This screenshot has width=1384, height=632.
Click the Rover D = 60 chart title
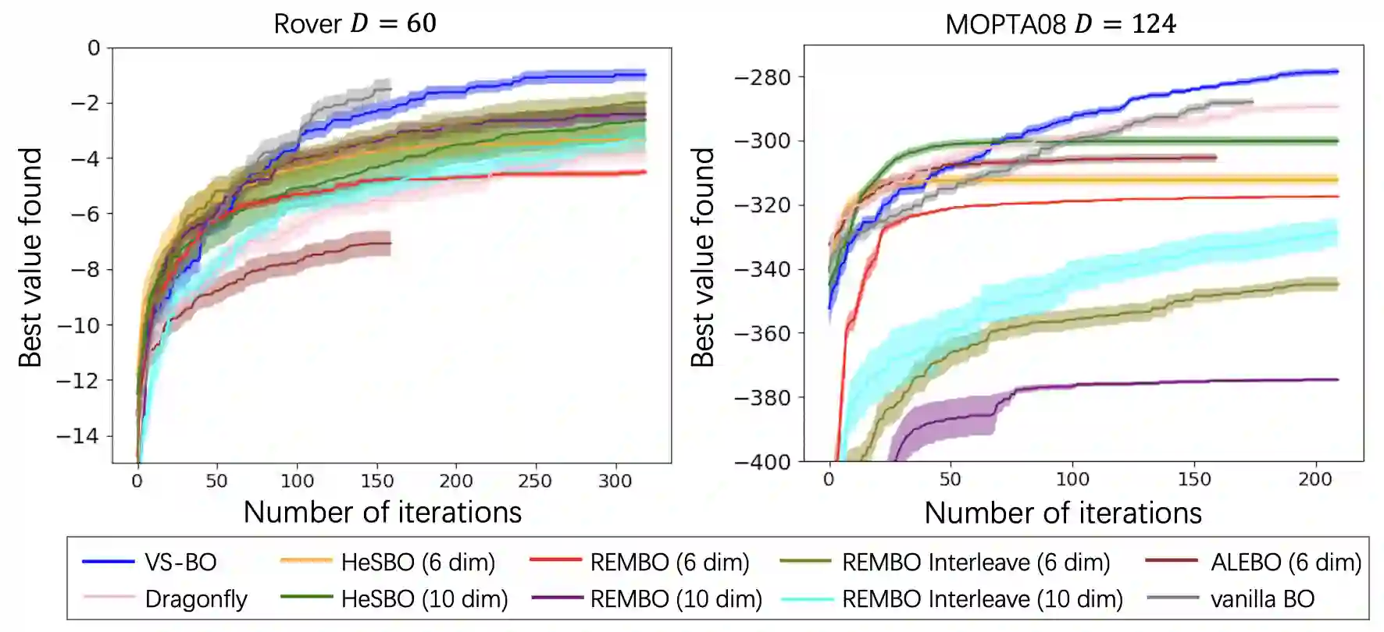pos(355,23)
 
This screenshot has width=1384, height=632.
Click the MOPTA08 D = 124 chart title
pos(1060,24)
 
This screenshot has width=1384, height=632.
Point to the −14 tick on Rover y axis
pos(79,436)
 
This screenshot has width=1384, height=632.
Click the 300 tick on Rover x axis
pos(615,481)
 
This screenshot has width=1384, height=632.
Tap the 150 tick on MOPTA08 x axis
pos(1194,479)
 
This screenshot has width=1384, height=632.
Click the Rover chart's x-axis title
pos(382,513)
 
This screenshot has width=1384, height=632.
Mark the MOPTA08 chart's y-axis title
pos(703,257)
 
